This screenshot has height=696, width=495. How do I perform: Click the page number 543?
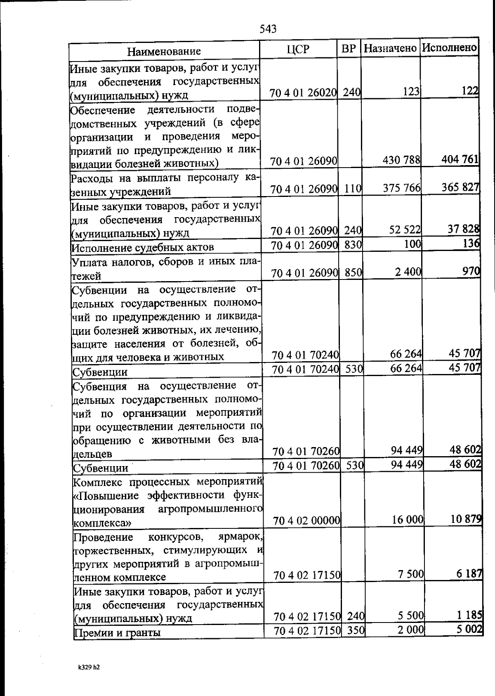(268, 29)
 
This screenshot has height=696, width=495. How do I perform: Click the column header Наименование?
(164, 51)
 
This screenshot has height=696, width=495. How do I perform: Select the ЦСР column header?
(298, 49)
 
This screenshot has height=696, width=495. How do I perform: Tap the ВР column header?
(349, 49)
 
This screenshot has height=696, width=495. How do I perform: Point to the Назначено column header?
(390, 48)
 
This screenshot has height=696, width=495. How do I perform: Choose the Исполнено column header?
(449, 47)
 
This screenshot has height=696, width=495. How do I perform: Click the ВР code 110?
(353, 189)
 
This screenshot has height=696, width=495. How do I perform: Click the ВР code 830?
(353, 245)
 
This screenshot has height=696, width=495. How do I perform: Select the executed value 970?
(471, 271)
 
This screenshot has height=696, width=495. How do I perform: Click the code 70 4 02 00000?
(306, 521)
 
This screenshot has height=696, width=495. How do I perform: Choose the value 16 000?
(408, 520)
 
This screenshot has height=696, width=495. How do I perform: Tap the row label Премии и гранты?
(117, 632)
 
